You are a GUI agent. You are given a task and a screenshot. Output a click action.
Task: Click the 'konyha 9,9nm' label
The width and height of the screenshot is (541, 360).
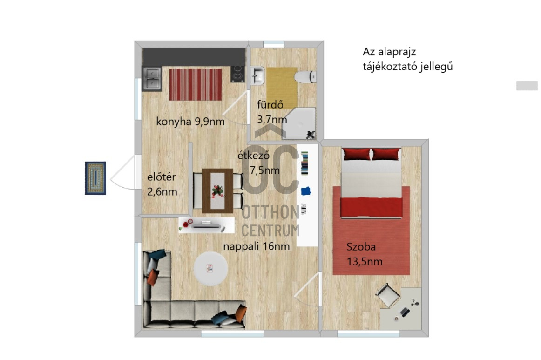191,122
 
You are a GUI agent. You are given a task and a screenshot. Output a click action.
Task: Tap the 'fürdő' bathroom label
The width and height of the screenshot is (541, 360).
270,104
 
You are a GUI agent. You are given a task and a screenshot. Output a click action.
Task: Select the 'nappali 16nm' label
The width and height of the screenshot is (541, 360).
257,246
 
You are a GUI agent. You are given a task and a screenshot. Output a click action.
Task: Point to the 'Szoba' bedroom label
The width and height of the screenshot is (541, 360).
361,247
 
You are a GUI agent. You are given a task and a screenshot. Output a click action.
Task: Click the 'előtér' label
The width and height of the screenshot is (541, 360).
161,177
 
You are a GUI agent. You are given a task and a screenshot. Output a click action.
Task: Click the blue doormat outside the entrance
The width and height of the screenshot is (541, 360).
95,178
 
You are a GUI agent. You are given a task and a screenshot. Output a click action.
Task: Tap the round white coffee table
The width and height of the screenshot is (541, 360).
211,269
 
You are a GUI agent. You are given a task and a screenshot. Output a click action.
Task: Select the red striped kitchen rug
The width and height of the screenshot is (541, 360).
195,84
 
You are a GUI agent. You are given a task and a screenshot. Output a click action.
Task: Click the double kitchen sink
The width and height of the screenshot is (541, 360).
152,78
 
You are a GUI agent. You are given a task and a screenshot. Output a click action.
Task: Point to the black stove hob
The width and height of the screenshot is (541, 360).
238,75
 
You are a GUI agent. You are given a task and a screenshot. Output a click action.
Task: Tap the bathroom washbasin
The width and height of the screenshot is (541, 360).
257,76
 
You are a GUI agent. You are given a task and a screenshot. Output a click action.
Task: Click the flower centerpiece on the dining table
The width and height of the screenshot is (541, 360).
216,190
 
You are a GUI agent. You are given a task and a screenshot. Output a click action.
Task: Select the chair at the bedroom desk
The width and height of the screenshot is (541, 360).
387,295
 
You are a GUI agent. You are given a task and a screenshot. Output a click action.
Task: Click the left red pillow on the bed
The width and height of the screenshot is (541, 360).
356,154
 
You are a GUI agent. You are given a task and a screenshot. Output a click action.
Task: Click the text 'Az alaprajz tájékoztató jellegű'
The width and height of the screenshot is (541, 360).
408,59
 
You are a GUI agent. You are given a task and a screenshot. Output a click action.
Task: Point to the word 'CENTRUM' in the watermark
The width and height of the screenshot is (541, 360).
271,230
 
